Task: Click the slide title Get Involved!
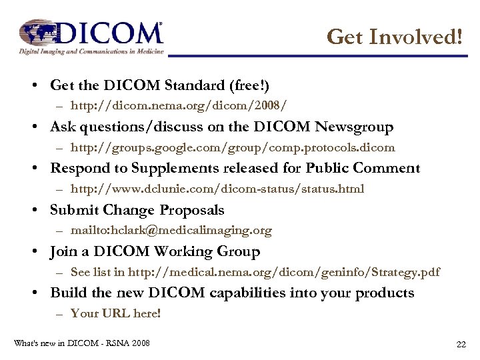(x=395, y=37)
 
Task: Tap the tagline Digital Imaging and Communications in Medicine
(x=91, y=51)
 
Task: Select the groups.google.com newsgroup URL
(x=233, y=147)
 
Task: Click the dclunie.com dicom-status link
(x=217, y=189)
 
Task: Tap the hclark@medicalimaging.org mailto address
(x=171, y=231)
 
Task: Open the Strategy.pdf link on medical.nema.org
(x=283, y=272)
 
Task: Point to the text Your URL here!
(x=115, y=313)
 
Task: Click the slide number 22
(x=461, y=344)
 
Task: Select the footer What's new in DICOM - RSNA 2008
(x=82, y=343)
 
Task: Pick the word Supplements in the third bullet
(x=180, y=168)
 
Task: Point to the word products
(x=385, y=293)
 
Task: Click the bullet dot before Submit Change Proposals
(x=41, y=210)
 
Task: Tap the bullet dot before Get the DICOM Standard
(x=41, y=85)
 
